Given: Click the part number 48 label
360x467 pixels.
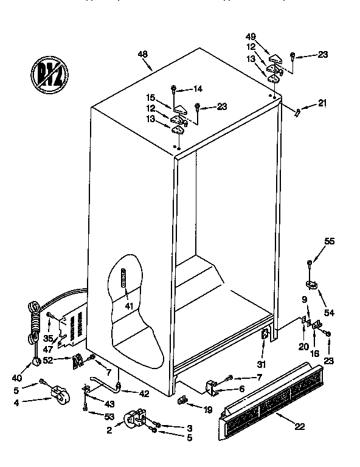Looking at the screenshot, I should click(143, 54).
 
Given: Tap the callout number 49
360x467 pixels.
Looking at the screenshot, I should click(250, 36).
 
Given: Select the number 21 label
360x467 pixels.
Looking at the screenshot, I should click(322, 102).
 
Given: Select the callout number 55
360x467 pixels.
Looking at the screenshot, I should click(329, 241).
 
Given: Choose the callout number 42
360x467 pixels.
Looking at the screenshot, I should click(144, 393).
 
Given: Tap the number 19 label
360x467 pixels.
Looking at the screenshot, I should click(207, 410).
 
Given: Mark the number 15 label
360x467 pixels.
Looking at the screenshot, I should click(150, 96).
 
